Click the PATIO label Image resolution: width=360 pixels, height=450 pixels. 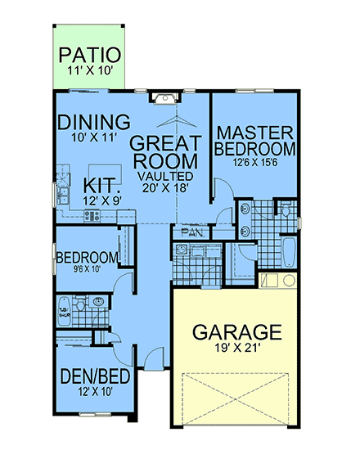pos(91,56)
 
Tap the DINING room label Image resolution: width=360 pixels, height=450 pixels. pos(95,122)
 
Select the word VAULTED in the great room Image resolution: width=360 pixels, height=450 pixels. pos(165,176)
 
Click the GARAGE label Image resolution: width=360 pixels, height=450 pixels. pos(236,332)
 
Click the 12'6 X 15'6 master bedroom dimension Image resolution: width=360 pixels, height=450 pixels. pos(254,161)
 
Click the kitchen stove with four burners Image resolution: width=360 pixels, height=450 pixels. pos(92,216)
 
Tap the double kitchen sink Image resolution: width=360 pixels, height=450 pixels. pos(61,195)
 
